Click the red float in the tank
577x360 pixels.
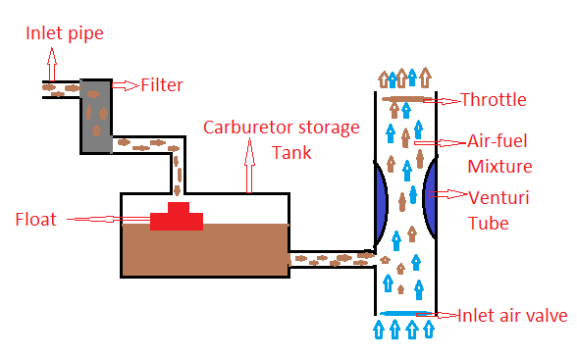point(177,218)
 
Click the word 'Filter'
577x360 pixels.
point(162,85)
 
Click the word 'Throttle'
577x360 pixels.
point(494,100)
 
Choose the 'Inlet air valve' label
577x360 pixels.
point(511,316)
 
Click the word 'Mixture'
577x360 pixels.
point(499,167)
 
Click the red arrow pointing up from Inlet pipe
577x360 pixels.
point(48,67)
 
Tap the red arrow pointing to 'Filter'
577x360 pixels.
point(126,85)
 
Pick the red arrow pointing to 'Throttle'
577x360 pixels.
point(446,100)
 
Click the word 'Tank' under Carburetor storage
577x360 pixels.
point(291,154)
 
